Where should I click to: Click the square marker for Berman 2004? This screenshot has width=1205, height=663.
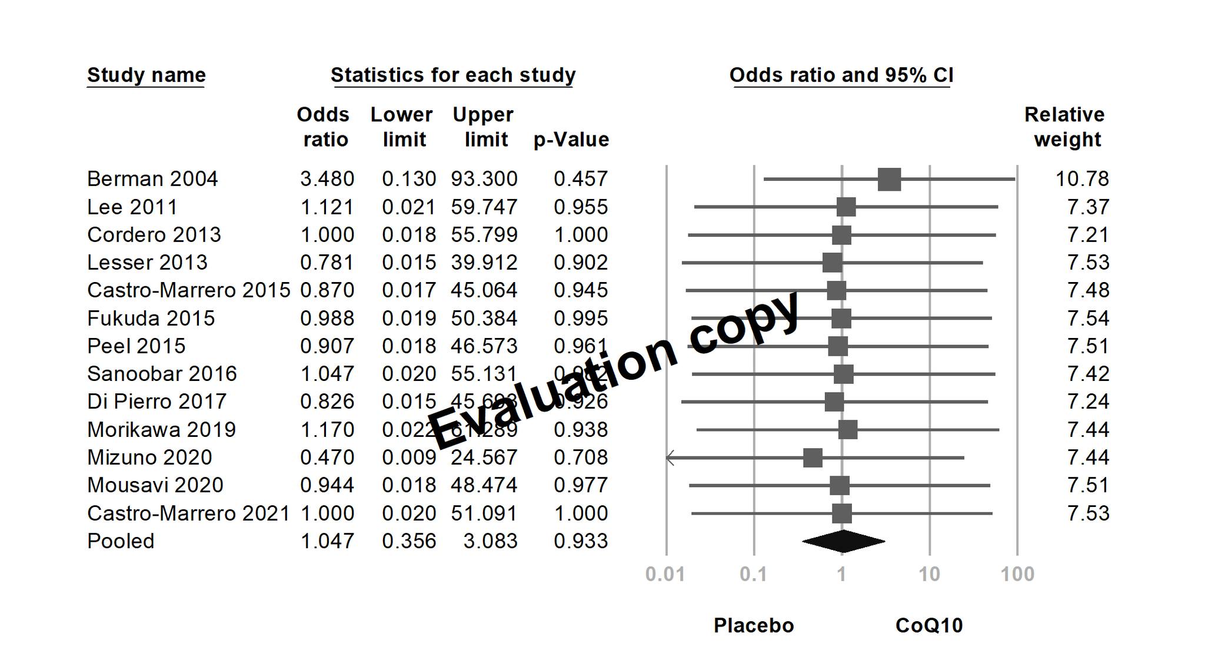coord(889,179)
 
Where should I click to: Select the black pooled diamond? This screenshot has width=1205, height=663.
coord(843,542)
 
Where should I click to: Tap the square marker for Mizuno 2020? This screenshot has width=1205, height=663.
coord(813,458)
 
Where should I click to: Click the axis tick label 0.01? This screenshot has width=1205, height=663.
coord(665,574)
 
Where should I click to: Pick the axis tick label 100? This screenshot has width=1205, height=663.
coord(1017,574)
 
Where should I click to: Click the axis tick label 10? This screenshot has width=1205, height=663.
coord(929,574)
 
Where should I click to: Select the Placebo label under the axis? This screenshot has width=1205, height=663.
coord(754,625)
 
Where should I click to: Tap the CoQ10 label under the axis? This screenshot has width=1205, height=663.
coord(929,625)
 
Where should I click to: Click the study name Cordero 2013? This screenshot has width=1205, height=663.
coord(154,235)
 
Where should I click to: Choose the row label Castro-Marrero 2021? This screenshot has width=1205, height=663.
coord(188,513)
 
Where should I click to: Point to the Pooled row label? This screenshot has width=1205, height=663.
coord(121,541)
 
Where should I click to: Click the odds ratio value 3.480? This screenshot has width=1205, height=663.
coord(327,179)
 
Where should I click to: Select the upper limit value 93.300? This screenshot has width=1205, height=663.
coord(484,179)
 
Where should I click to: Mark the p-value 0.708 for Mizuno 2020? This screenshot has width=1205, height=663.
coord(581,458)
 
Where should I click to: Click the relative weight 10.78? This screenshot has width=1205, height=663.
coord(1082,179)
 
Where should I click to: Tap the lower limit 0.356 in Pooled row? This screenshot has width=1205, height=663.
coord(409,541)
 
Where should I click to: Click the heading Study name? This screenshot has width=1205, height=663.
coord(147,75)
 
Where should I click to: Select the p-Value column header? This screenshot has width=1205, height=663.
coord(571,140)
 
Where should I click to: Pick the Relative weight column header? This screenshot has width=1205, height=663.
coord(1066,127)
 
